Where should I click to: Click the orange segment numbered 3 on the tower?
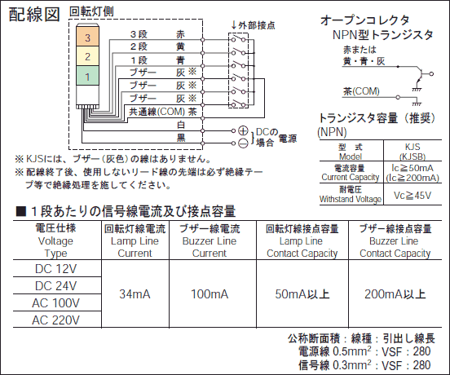[87, 36]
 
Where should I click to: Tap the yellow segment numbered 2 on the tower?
[87, 56]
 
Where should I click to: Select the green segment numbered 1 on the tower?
[87, 76]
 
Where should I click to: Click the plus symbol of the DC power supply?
[243, 130]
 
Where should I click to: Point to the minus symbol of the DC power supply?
[243, 143]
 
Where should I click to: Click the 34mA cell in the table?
[135, 294]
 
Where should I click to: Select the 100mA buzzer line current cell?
[210, 294]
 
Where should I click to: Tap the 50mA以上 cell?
[302, 294]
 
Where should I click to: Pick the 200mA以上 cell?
[395, 294]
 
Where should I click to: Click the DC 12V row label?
[56, 269]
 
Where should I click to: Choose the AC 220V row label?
[56, 320]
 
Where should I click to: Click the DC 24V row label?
[56, 286]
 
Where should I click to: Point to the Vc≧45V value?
[412, 196]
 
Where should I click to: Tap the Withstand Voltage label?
[351, 199]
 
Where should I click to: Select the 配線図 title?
[34, 15]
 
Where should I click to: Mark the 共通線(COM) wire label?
[157, 112]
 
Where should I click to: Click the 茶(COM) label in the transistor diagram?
[361, 91]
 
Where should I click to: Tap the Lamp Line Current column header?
[135, 241]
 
